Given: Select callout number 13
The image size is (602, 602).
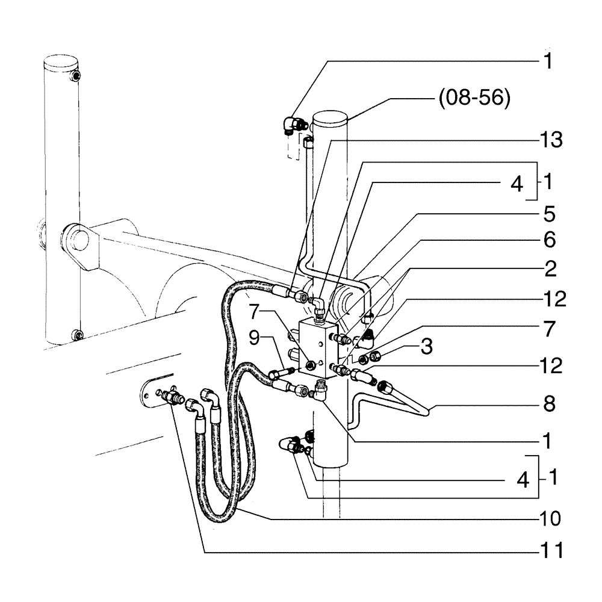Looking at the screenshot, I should pos(550,140).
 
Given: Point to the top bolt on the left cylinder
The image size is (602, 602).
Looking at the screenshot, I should pos(74,75).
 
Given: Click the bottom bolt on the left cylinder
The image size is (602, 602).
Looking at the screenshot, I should pos(74,334).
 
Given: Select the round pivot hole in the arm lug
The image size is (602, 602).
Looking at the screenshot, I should pos(76,237).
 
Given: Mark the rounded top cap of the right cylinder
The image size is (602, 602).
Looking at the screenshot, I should pos(331,117).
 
